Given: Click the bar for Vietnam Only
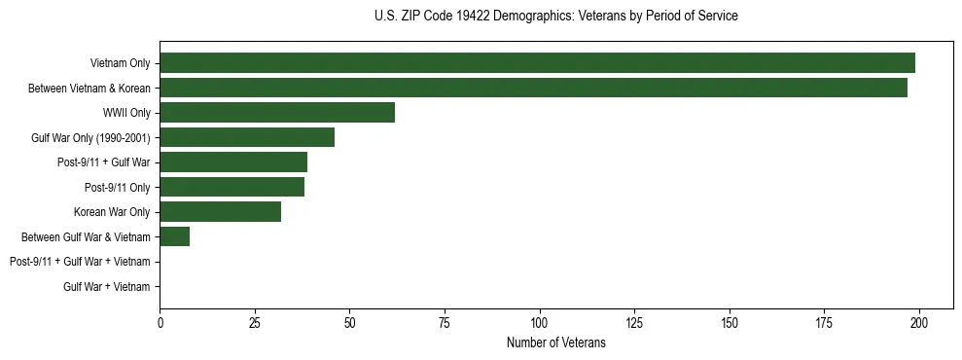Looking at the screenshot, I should click(x=537, y=63).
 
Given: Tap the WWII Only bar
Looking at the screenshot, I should click(x=277, y=113).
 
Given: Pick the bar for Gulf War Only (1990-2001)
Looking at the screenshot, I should click(x=247, y=137).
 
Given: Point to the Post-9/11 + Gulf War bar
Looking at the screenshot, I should click(x=233, y=162).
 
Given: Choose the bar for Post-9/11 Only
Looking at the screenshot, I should click(x=232, y=187).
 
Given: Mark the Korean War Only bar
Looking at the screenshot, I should click(x=220, y=212).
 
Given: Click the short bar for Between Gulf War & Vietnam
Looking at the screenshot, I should click(x=175, y=236).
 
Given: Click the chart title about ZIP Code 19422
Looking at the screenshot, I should click(x=555, y=17).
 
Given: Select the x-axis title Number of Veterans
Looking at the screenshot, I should click(x=555, y=342).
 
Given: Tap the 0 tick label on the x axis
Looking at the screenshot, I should click(x=160, y=322).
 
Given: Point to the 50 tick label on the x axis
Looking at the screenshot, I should click(x=349, y=322).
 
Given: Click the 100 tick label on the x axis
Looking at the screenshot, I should click(x=539, y=322).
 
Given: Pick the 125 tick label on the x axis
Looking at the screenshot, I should click(x=634, y=322).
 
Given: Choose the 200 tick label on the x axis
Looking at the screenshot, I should click(x=919, y=322).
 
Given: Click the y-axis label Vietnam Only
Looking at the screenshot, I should click(x=120, y=63).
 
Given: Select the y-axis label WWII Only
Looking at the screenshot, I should click(x=126, y=113).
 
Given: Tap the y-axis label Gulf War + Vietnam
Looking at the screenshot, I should click(x=106, y=287).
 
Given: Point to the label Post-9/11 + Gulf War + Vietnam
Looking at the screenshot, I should click(x=80, y=262).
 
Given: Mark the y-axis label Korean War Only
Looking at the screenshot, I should click(x=112, y=212).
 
